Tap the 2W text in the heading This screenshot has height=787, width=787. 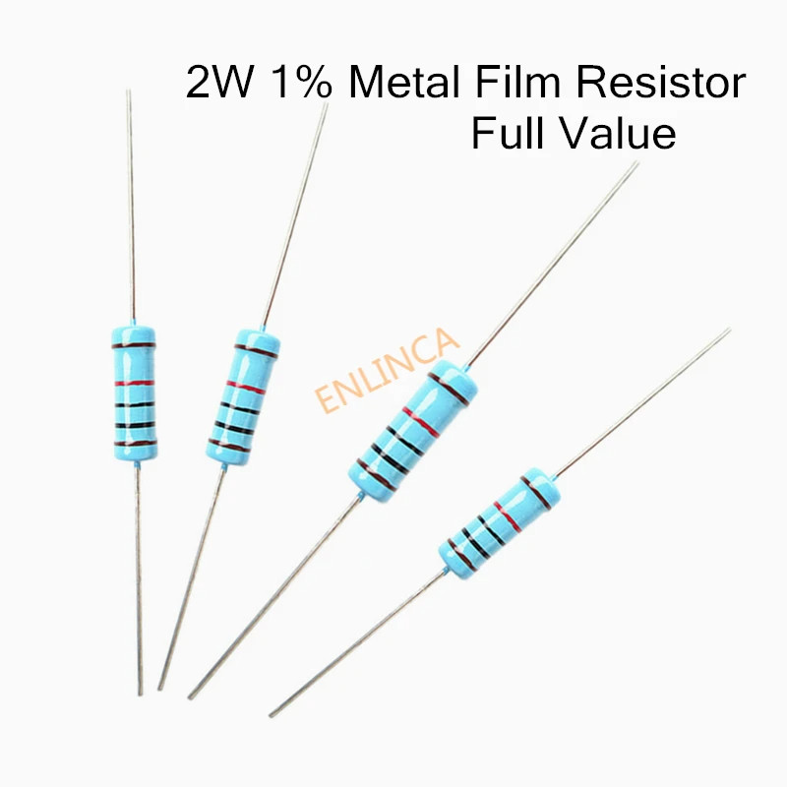216,84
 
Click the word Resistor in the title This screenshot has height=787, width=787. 662,84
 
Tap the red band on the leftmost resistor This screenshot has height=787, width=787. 130,382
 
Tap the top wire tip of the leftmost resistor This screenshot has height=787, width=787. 128,91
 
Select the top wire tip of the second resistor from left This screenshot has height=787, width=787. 326,103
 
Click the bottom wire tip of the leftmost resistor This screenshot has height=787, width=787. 141,694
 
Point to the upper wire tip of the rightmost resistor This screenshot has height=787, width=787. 729,330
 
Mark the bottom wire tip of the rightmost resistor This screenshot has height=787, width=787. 271,715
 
